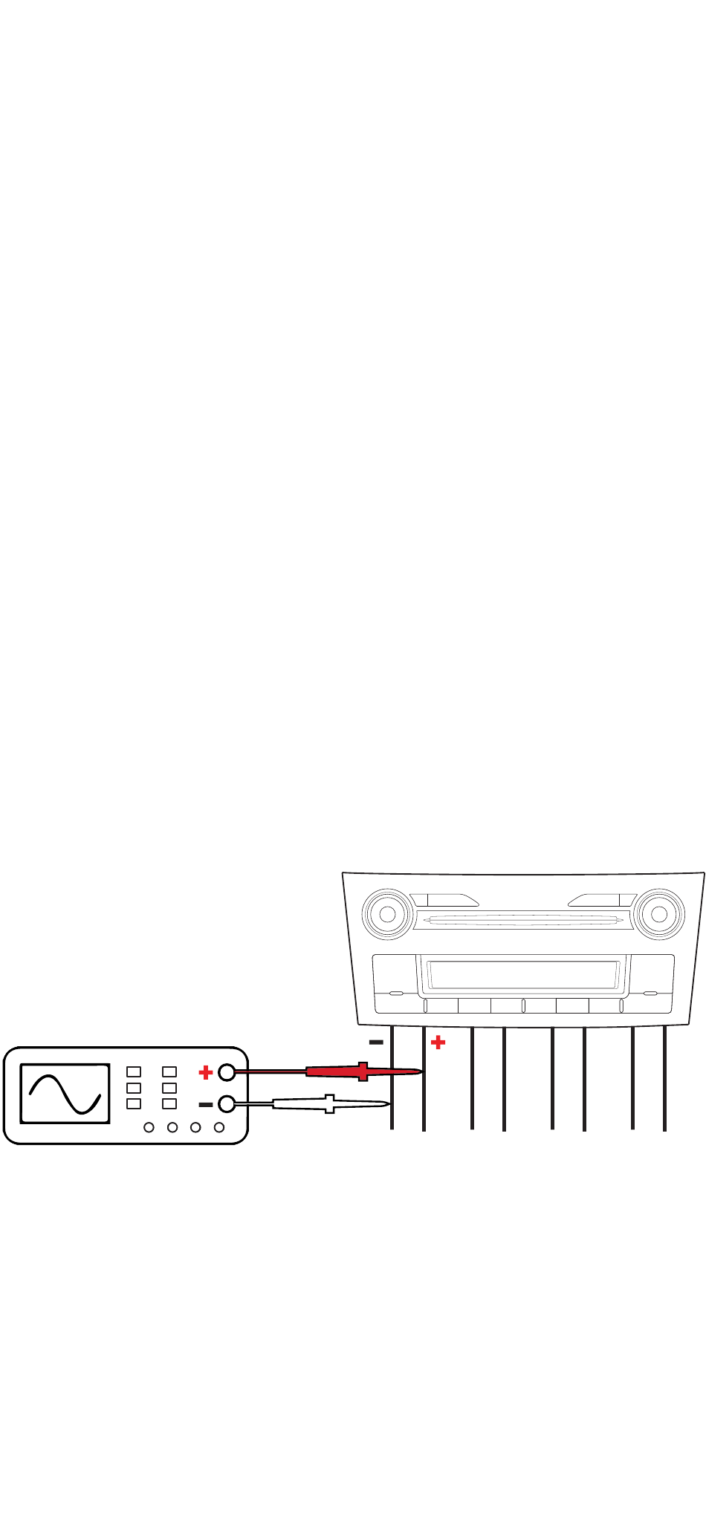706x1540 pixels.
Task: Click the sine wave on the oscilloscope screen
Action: point(65,1094)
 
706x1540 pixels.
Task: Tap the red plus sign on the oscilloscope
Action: point(206,1072)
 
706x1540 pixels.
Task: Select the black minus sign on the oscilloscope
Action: point(206,1105)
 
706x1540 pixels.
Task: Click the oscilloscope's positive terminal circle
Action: point(227,1072)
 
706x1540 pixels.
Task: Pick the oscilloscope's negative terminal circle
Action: point(227,1104)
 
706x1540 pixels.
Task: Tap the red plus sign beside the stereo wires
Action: point(438,1043)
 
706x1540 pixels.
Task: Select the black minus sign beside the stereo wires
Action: point(376,1043)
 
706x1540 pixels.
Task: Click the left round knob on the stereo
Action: point(387,914)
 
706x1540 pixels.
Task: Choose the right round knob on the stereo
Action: point(658,914)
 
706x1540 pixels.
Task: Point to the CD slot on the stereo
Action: point(523,921)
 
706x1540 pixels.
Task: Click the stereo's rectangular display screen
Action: point(525,974)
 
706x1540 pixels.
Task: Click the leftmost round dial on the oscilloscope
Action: point(149,1127)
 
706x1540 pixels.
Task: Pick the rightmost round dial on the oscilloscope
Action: point(219,1127)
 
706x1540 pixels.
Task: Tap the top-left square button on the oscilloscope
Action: point(134,1071)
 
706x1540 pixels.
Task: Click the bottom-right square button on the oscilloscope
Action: point(169,1103)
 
